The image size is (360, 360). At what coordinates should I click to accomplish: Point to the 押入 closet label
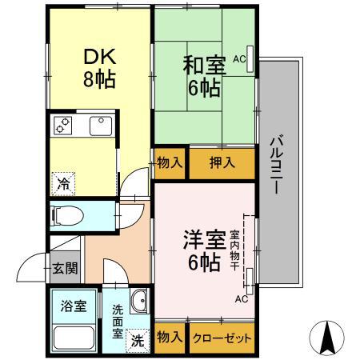(x=221, y=163)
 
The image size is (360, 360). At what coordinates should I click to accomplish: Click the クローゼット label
(x=222, y=338)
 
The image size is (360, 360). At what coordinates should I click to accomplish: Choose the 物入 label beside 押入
(x=170, y=163)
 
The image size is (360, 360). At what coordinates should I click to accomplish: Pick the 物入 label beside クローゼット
(x=170, y=338)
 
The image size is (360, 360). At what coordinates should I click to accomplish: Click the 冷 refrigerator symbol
(x=63, y=182)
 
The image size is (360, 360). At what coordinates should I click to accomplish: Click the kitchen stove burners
(x=63, y=126)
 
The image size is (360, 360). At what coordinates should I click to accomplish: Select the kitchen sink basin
(x=100, y=126)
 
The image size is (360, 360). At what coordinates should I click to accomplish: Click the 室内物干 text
(x=235, y=250)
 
